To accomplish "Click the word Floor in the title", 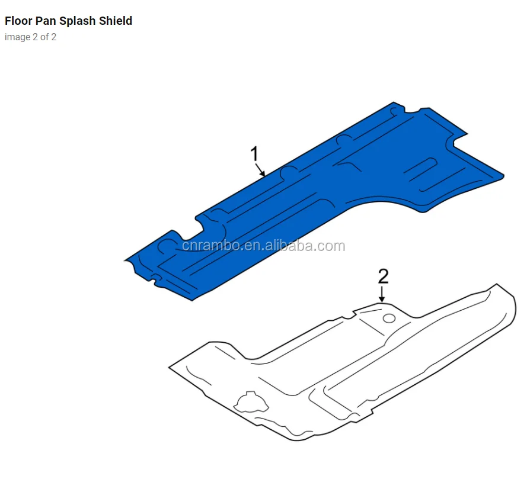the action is pyautogui.click(x=17, y=21).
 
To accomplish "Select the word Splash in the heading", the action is pyautogui.click(x=77, y=21).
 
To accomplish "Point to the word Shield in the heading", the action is pyautogui.click(x=116, y=21).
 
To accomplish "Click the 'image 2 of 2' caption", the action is pyautogui.click(x=30, y=37).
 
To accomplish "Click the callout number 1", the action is pyautogui.click(x=254, y=155).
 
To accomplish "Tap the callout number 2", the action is pyautogui.click(x=384, y=276).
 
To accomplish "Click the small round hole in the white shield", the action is pyautogui.click(x=389, y=318).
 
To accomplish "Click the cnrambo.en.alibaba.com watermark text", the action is pyautogui.click(x=263, y=246).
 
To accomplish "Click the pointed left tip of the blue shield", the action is pyautogui.click(x=127, y=260).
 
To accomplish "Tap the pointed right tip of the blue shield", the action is pyautogui.click(x=502, y=175).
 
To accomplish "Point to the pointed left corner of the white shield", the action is pyautogui.click(x=171, y=368).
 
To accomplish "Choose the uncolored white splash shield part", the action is pyautogui.click(x=356, y=367).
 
